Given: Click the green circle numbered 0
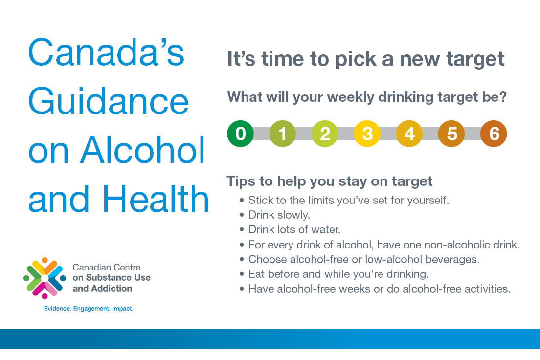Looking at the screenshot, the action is coord(240,134).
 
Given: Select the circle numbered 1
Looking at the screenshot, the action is coord(282,134).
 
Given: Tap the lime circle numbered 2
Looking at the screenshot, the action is coord(325,134).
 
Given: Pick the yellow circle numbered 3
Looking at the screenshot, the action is coord(367,134).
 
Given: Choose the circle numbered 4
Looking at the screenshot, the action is coord(409,134).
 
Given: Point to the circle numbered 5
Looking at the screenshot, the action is coord(451,134).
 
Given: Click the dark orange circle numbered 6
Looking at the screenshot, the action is coord(494,134).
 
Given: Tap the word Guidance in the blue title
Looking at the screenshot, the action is coord(109,101).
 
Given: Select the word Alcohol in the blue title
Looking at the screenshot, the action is coord(142,150).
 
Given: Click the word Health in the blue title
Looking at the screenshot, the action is coord(156,199).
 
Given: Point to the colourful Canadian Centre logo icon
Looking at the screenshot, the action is coord(45,278).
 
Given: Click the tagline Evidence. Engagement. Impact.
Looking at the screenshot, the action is coord(89,308).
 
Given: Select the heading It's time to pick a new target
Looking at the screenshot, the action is coord(366,59).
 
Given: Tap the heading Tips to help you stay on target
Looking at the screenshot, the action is coord(329,181).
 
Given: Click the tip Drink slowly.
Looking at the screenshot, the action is coord(279,215).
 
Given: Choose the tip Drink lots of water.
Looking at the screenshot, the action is coord(294,229).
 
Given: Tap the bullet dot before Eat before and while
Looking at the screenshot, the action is coord(242,274).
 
